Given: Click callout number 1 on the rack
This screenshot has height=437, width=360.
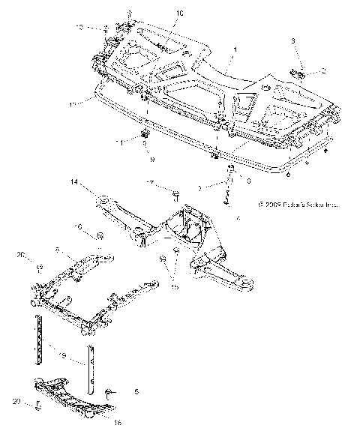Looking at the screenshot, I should (x=234, y=49).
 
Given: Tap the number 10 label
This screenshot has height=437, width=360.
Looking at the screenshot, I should (x=179, y=13).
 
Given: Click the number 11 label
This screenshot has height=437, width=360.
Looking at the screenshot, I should (x=118, y=139).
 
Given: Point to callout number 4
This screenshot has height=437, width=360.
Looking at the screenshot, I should (x=238, y=218).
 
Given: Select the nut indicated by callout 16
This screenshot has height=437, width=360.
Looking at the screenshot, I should (x=100, y=237).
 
